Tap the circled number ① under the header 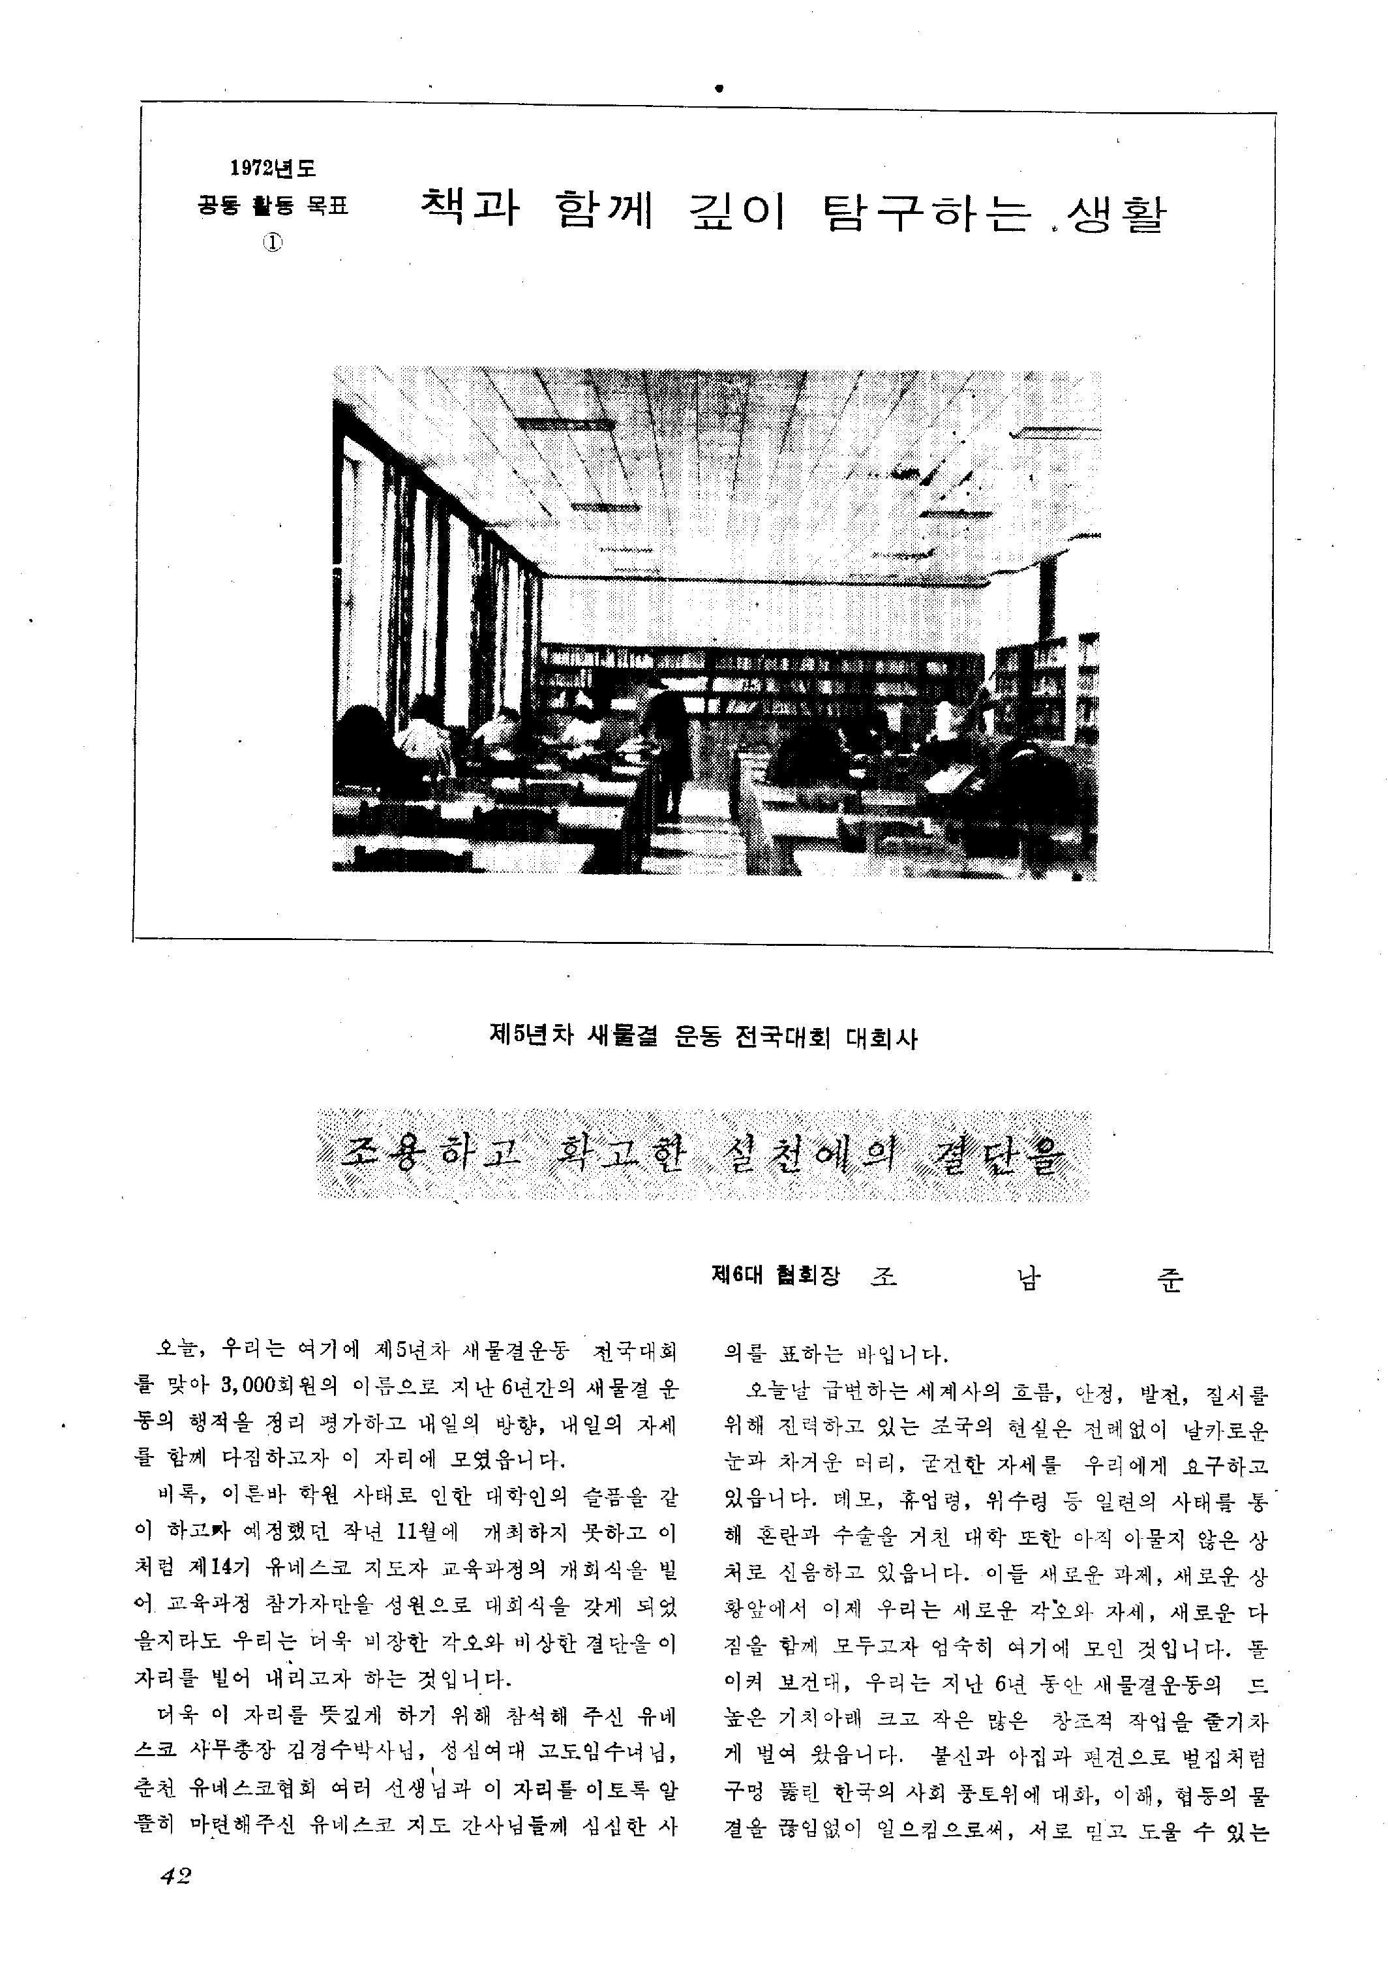coord(273,242)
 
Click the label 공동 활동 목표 coord(273,206)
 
